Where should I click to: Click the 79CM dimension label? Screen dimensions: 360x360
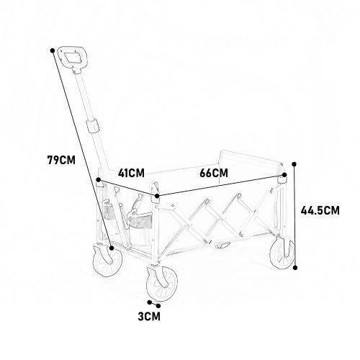[61, 160]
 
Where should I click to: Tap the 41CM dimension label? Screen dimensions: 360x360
[131, 173]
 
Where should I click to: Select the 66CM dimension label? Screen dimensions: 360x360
[214, 173]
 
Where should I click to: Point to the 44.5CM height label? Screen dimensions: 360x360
[320, 210]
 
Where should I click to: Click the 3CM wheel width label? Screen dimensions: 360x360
[149, 316]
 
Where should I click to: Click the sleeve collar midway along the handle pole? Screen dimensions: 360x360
[93, 125]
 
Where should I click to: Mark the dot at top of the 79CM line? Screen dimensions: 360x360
[53, 50]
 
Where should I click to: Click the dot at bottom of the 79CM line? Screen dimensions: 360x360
[112, 248]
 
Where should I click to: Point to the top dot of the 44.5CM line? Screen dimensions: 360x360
[294, 164]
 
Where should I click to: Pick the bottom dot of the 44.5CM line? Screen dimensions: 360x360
[295, 267]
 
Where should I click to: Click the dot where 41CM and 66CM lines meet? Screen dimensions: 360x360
[157, 196]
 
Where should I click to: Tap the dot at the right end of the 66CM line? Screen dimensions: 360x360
[284, 175]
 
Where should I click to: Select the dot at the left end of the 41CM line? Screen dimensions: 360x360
[98, 180]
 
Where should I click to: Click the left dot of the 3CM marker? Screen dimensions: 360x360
[150, 302]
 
